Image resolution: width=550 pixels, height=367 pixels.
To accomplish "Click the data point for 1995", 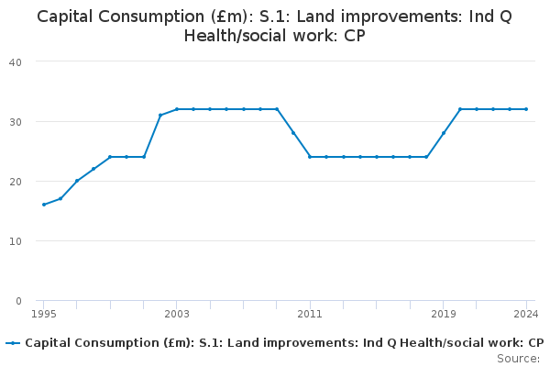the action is (44, 205).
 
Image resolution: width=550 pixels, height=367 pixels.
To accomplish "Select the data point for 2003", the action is (177, 109).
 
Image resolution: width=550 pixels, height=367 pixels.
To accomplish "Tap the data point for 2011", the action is (310, 157).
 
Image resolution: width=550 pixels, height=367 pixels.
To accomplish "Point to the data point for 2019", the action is (444, 133).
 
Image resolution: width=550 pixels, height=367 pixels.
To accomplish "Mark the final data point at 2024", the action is (526, 109).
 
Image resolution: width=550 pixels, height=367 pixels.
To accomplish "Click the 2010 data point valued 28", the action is (293, 133).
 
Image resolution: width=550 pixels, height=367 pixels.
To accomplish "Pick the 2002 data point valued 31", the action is (160, 116).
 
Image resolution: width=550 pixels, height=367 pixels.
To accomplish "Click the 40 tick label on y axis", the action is (16, 62).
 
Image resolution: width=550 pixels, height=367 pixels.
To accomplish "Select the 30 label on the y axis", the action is (16, 122).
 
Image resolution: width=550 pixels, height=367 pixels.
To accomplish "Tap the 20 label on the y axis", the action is (16, 182).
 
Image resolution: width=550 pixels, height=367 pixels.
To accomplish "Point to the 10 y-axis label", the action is (16, 241).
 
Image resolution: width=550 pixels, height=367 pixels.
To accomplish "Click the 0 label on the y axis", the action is (18, 301).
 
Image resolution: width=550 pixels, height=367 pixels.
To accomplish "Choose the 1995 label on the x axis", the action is (44, 314).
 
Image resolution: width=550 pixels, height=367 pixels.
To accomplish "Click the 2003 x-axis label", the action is (177, 314).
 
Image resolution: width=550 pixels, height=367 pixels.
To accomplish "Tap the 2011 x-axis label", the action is (310, 314).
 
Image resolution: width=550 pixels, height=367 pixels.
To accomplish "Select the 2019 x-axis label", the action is (444, 314).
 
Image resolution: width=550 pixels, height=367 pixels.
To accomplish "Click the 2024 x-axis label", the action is (526, 314).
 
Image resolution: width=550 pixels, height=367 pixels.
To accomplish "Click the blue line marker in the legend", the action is (13, 343).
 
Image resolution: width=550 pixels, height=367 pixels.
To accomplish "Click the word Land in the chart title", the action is (311, 17).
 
